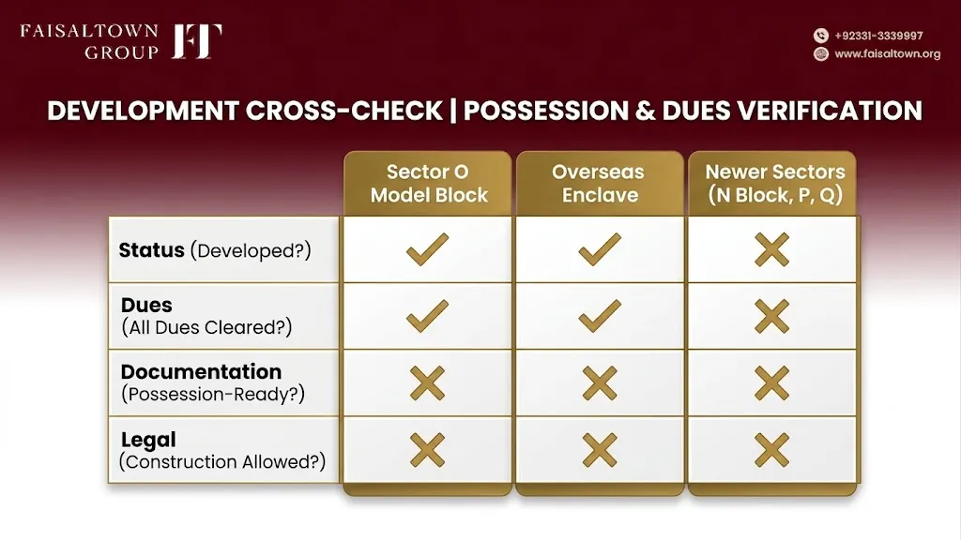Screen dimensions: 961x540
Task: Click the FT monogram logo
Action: click(x=197, y=41)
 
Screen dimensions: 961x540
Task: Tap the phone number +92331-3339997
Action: click(x=878, y=36)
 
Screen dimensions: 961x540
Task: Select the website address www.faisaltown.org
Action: click(x=887, y=53)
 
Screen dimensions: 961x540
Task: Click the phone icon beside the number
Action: click(x=820, y=36)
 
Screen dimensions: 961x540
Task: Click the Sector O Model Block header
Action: click(x=428, y=183)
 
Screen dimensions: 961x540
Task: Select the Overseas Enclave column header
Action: click(x=599, y=183)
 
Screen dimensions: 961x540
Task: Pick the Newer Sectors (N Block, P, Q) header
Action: click(x=774, y=183)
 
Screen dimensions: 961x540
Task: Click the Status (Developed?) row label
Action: click(x=215, y=249)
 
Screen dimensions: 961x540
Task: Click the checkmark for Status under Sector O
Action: click(x=427, y=249)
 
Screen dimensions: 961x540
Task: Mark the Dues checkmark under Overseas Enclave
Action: click(x=600, y=316)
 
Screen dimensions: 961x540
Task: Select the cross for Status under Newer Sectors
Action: click(x=771, y=249)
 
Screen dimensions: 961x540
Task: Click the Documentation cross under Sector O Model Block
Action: click(x=427, y=383)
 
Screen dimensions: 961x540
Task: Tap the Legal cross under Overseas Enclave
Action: click(x=600, y=450)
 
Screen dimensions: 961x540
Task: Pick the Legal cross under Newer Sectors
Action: click(x=771, y=450)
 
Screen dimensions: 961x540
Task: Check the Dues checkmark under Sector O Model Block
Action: click(x=427, y=316)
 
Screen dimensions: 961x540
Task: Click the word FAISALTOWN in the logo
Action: click(x=89, y=31)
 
